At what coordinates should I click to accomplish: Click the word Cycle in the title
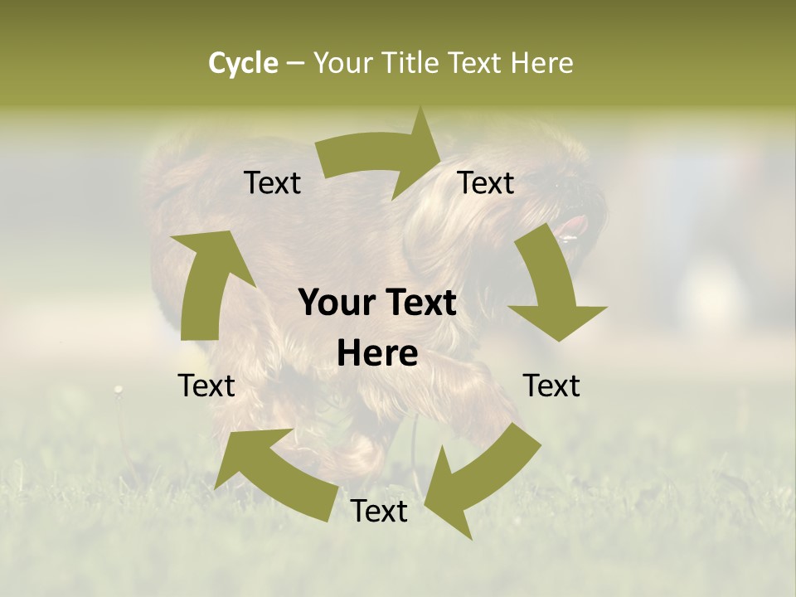(x=243, y=63)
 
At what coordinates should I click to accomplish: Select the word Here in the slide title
(x=541, y=63)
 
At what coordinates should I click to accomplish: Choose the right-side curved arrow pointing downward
(x=552, y=286)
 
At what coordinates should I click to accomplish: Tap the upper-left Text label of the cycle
(x=272, y=183)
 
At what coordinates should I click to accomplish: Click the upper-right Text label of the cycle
(x=486, y=183)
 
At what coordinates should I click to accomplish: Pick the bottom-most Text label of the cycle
(x=379, y=512)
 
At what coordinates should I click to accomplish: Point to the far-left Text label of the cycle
(x=206, y=386)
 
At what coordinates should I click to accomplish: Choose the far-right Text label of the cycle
(x=551, y=386)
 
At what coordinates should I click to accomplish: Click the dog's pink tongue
(x=572, y=226)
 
